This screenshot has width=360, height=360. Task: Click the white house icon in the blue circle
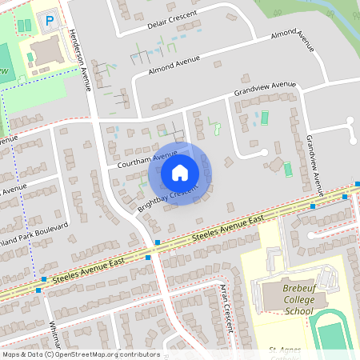tap(180, 172)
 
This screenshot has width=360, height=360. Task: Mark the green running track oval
tap(336, 336)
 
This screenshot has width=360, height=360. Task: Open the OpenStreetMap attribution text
tap(81, 354)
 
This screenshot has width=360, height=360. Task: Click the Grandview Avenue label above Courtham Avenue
tap(265, 89)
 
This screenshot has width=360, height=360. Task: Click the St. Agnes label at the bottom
tap(285, 349)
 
